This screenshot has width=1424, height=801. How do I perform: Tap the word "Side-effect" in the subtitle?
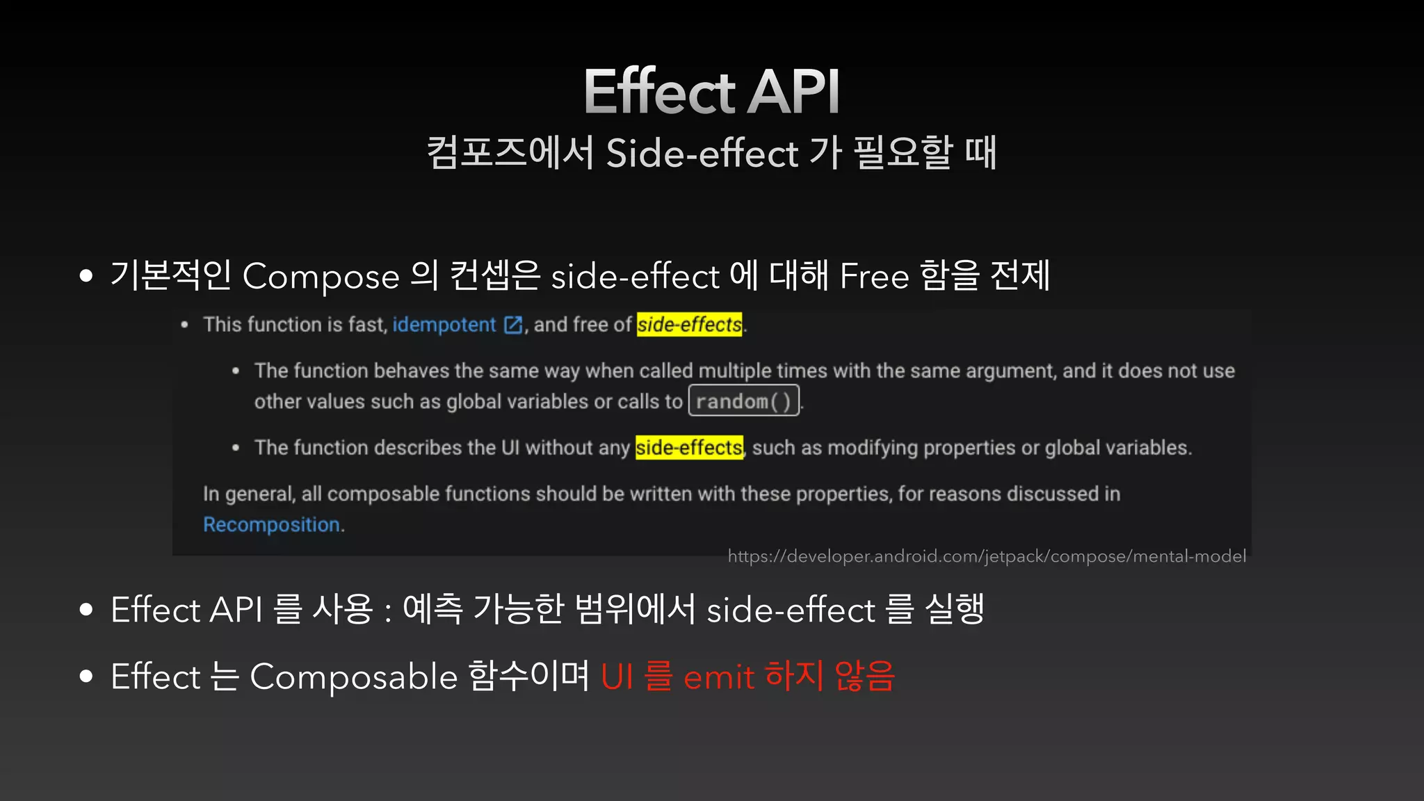click(x=702, y=153)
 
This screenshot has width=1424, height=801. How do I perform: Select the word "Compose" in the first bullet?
click(x=321, y=277)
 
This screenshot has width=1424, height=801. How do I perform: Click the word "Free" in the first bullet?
click(x=874, y=277)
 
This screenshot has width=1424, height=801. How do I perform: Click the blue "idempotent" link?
click(x=444, y=325)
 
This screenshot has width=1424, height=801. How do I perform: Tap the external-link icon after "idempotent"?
click(x=513, y=325)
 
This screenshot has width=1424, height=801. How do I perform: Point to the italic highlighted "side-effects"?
click(x=689, y=325)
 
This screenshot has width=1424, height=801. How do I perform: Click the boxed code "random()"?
click(x=743, y=401)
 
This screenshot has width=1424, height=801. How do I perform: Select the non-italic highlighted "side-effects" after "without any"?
click(x=689, y=448)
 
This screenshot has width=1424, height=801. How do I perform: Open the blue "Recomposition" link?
click(x=271, y=524)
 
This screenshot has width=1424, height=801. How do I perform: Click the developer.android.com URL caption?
click(x=986, y=556)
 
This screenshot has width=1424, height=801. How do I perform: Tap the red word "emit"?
click(x=718, y=677)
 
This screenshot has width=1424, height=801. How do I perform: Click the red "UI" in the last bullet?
click(x=617, y=677)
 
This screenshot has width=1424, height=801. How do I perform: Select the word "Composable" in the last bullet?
click(x=353, y=677)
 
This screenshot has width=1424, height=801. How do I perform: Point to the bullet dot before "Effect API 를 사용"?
click(x=86, y=610)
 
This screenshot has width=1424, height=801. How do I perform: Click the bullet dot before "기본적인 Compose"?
click(x=86, y=277)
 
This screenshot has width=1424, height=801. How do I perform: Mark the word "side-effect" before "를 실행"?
click(x=791, y=610)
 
